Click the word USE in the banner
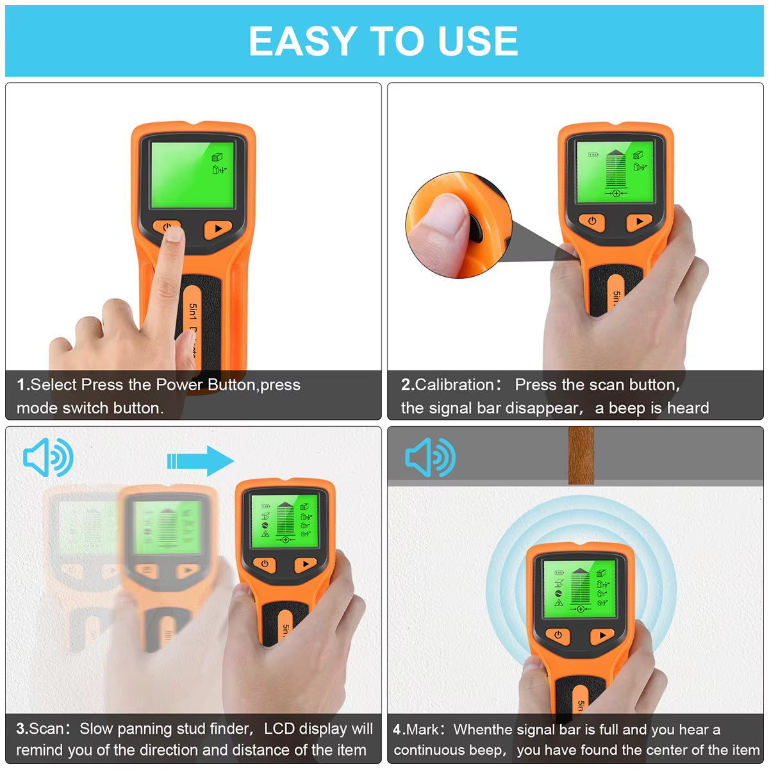click(x=477, y=42)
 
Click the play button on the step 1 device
click(x=218, y=229)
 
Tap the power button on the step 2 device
click(x=592, y=222)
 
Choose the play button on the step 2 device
click(x=638, y=222)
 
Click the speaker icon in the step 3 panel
click(x=47, y=458)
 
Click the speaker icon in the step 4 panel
click(x=429, y=458)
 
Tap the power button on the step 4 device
click(x=558, y=636)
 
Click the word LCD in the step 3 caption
click(x=279, y=729)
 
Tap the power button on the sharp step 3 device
click(x=265, y=565)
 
